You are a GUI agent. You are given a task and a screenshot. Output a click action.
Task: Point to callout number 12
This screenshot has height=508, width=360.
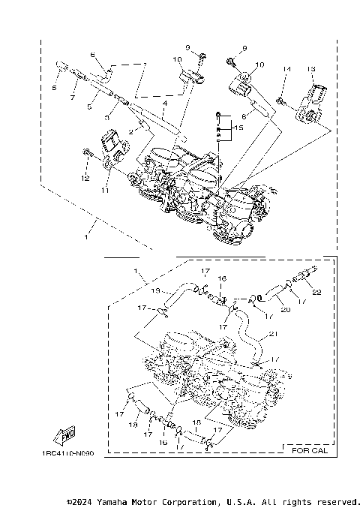[x=85, y=178]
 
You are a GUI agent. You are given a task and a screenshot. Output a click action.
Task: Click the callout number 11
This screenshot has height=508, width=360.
[x=103, y=191]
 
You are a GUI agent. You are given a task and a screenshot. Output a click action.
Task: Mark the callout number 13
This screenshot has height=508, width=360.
[x=310, y=69]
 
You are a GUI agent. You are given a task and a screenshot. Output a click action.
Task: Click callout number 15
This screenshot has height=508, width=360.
[x=238, y=128]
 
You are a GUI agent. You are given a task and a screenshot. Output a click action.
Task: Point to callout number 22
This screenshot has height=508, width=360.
[x=316, y=292]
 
